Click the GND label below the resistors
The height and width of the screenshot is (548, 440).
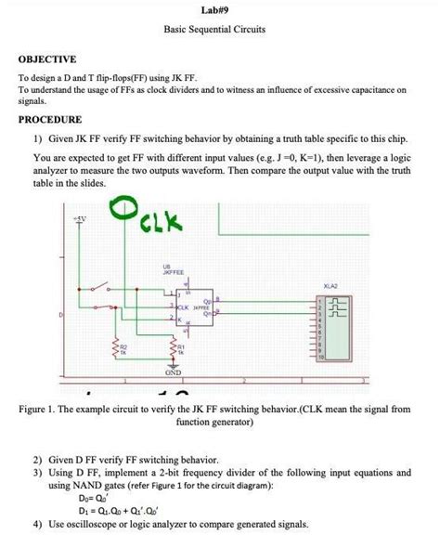tap(175, 372)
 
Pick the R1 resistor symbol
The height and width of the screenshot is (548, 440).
tap(174, 346)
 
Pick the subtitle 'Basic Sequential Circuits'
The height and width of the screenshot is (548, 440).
tap(214, 30)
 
